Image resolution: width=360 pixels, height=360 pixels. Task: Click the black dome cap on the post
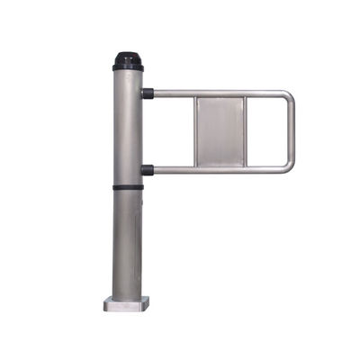128,58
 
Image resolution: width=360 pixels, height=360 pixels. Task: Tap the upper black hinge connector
148,93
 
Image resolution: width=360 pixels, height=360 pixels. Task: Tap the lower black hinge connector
148,169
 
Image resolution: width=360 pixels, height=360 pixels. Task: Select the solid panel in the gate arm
220,130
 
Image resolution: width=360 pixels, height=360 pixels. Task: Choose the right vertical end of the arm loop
291,130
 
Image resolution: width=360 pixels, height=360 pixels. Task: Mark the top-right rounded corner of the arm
287,96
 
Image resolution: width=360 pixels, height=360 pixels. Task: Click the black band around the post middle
128,187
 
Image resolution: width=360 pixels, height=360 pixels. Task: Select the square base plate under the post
127,303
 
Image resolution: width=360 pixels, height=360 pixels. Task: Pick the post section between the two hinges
128,130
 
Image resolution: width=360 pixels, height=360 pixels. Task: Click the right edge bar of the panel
244,130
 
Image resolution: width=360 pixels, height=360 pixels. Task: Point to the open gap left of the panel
173,130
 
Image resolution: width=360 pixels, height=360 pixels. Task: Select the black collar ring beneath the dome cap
128,67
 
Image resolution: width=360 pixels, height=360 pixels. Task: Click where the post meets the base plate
128,295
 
